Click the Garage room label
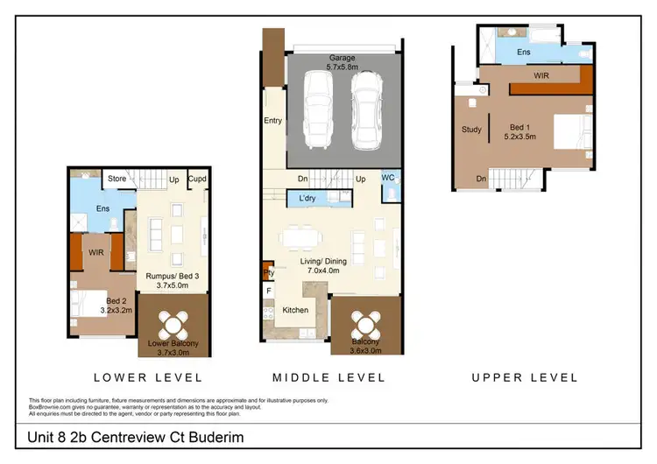[342, 58]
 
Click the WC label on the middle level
[388, 178]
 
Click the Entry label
[272, 121]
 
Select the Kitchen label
[295, 310]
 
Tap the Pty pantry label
[268, 272]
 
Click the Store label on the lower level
[116, 180]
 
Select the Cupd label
[197, 180]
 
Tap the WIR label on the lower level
[96, 252]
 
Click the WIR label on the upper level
[542, 76]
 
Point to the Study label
[471, 130]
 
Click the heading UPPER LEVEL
[525, 377]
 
